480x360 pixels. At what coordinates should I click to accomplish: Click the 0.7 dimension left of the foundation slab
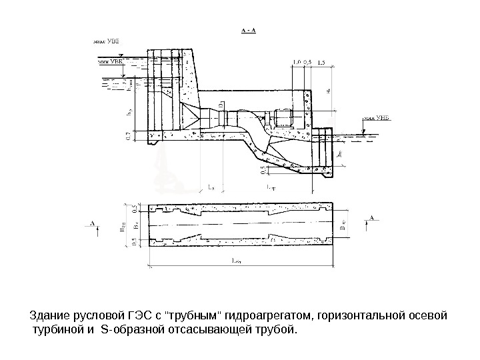pos(128,137)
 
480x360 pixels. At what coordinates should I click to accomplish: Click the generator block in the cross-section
pos(283,117)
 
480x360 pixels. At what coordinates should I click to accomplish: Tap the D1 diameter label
pos(220,101)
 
